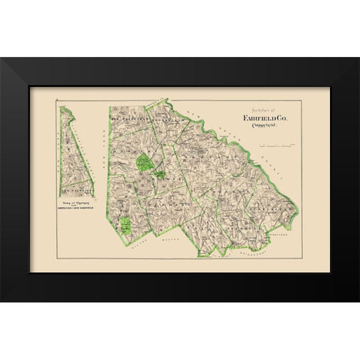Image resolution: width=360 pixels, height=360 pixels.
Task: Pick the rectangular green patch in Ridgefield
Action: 126,224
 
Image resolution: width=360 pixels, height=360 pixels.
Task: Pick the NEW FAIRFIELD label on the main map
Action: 132,118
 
